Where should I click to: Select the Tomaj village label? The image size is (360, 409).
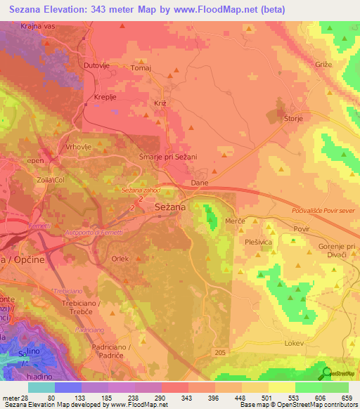[x=141, y=69]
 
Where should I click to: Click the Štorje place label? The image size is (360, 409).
[x=293, y=119]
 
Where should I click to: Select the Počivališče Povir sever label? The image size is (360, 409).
[x=321, y=211]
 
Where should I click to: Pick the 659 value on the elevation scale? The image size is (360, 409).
[x=346, y=398]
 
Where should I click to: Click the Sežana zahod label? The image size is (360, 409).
[x=141, y=190]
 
